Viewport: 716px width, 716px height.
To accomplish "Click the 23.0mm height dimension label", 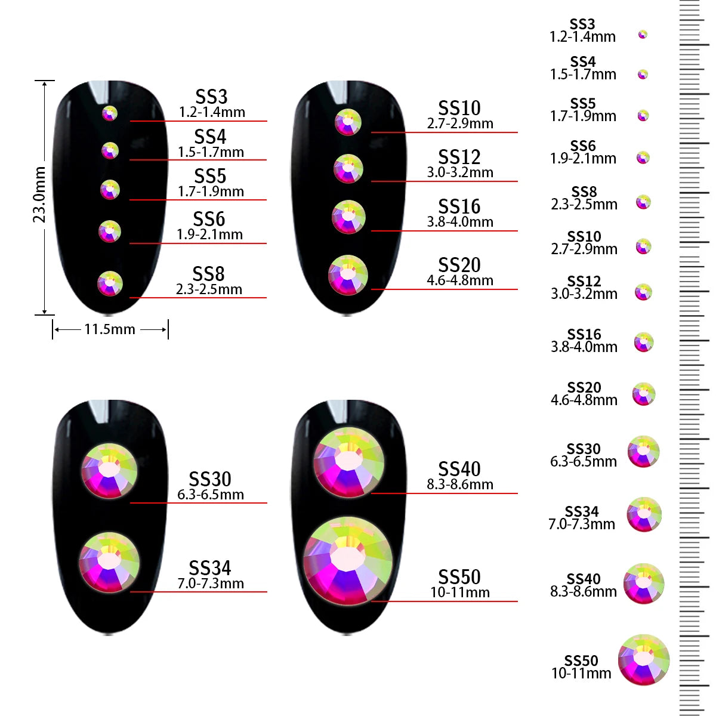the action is tap(39, 195).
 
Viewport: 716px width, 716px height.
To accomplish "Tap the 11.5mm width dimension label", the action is tap(110, 329).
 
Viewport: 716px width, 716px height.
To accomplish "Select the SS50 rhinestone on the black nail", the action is tap(348, 560).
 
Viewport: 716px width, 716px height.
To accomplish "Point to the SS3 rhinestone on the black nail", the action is tap(110, 113).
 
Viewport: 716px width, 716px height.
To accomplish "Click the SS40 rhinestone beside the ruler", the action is tap(644, 584).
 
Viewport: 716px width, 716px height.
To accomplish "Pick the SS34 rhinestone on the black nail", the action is tap(109, 562).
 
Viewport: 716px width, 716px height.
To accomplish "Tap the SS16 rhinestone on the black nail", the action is tap(348, 217).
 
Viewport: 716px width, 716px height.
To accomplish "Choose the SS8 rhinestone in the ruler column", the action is tap(643, 202).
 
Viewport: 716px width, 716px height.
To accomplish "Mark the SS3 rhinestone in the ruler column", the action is tap(643, 35).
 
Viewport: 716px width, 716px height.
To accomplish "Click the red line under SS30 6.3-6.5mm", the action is tap(199, 503).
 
